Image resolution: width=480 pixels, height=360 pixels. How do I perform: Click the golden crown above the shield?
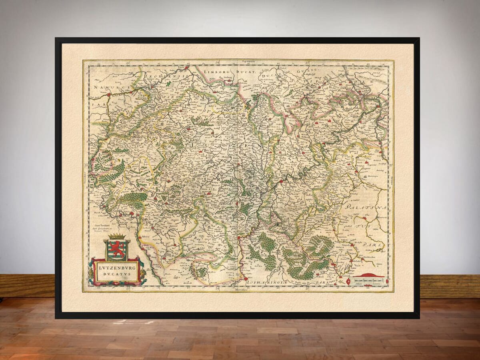116,236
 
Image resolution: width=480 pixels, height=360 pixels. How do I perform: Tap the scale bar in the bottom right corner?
368,282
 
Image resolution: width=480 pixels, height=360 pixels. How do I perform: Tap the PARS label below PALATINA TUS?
368,244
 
